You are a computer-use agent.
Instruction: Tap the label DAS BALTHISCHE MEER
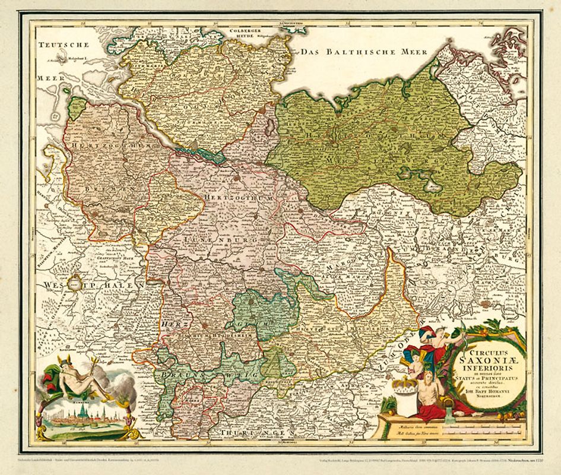tap(363, 52)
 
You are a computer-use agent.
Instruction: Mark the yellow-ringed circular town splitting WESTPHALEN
tap(77, 284)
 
